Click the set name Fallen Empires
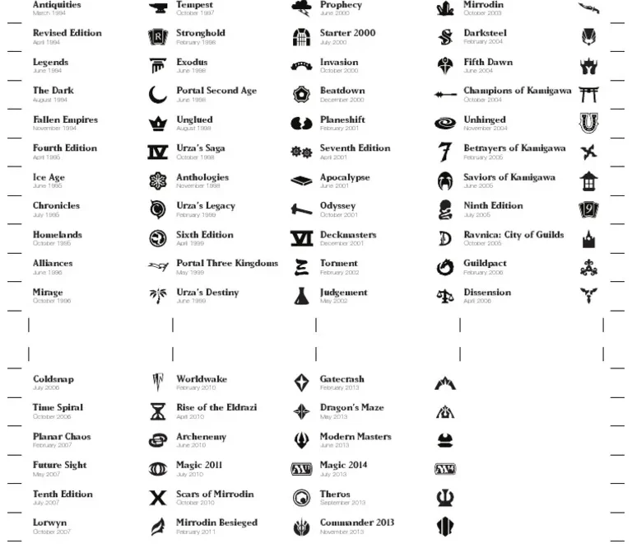point(65,120)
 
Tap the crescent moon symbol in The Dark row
point(157,95)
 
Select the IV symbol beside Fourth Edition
point(157,152)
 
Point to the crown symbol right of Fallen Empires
point(157,124)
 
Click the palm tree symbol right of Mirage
point(157,296)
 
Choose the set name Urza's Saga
point(200,148)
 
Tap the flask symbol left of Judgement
point(301,296)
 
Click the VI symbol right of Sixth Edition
point(301,238)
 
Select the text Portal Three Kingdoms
point(227,264)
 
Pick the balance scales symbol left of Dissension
point(445,296)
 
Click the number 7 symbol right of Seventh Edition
point(445,152)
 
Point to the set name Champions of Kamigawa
point(517,91)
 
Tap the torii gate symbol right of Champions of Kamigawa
point(588,95)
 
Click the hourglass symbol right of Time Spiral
point(157,411)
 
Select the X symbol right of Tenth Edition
point(157,498)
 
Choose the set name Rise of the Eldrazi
point(216,407)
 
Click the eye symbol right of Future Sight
point(157,469)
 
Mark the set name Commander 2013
point(356,523)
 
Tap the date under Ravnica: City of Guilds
point(482,244)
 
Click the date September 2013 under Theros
point(342,503)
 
